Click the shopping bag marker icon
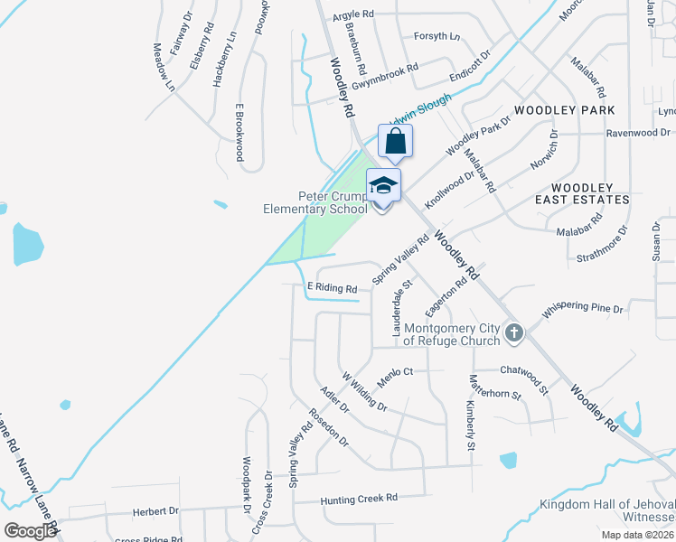pos(395,142)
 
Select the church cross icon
pos(513,333)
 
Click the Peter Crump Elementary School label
pos(315,202)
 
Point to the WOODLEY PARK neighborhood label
pos(565,110)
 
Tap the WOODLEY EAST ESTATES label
pos(581,192)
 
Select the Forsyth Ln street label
pos(437,37)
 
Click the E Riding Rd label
pos(333,288)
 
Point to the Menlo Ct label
pos(395,371)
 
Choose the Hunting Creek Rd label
pos(360,498)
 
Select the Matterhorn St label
pos(493,394)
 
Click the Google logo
pos(30,531)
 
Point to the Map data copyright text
pos(638,534)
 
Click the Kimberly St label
pos(470,425)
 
